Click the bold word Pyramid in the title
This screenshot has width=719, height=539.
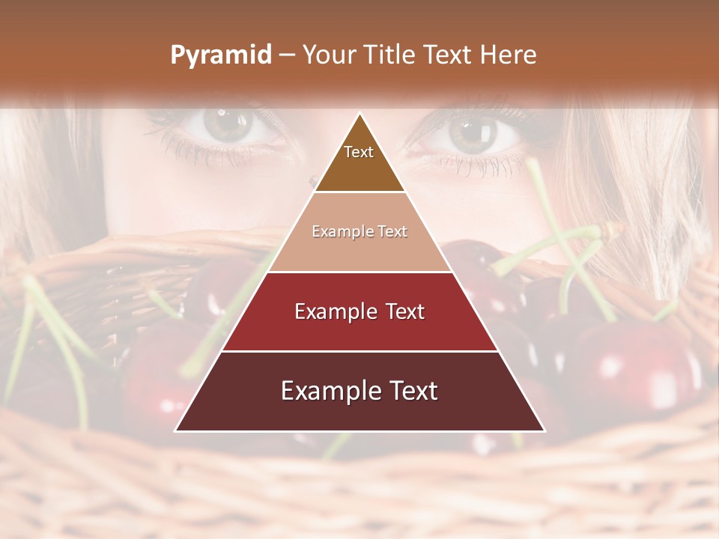(221, 55)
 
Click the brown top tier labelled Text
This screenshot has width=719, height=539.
(359, 157)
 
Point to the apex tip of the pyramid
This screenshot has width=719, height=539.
(359, 114)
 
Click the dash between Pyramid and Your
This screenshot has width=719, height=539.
(287, 55)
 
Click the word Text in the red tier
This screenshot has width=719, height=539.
(404, 311)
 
